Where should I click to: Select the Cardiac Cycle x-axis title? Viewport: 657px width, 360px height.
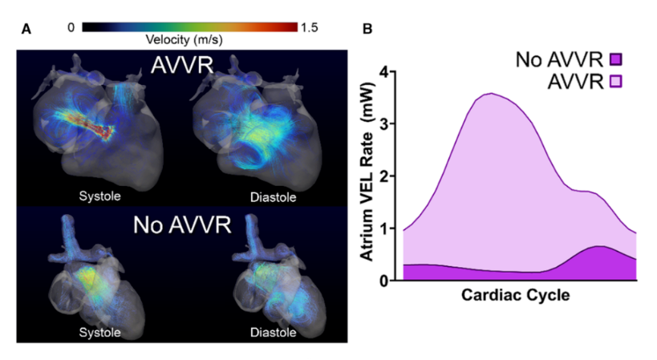pyautogui.click(x=515, y=296)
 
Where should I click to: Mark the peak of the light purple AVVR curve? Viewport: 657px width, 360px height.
pyautogui.click(x=490, y=93)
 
